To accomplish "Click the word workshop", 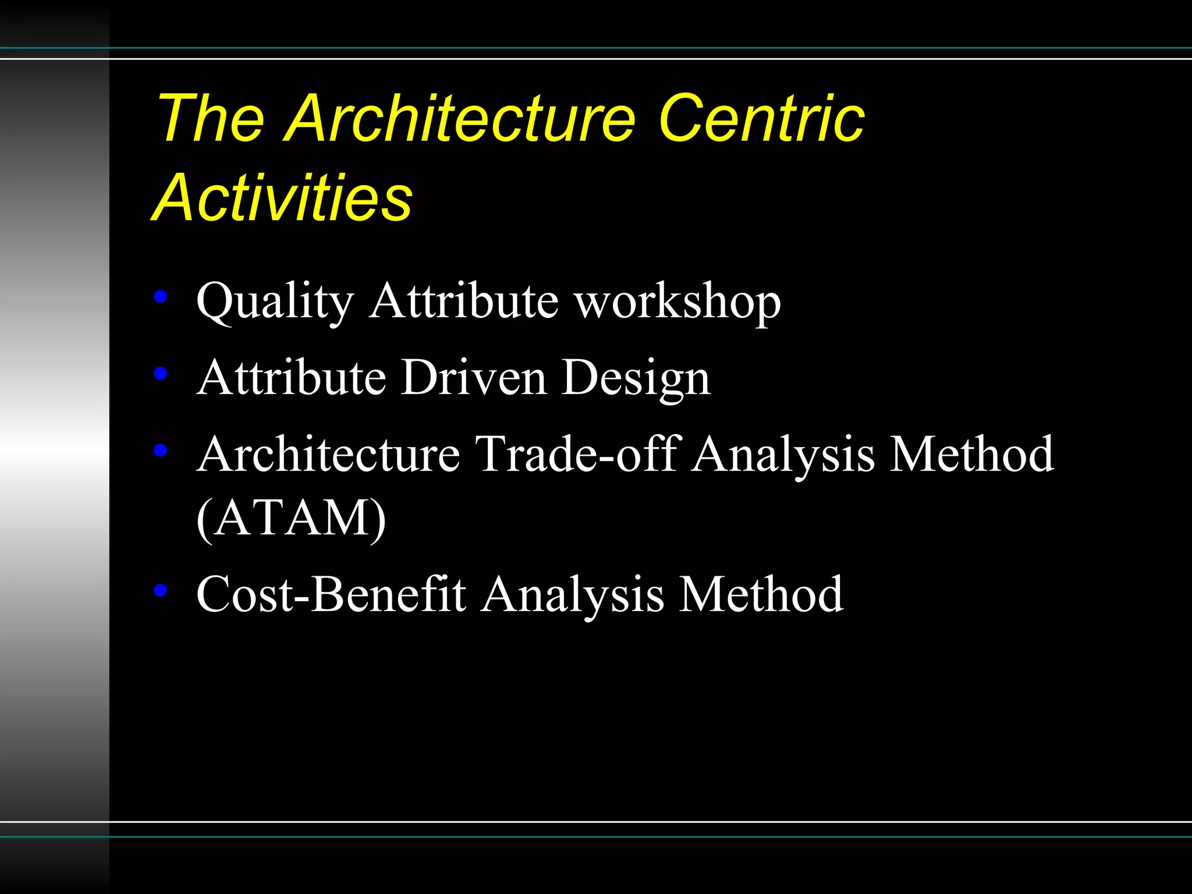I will click(x=677, y=301).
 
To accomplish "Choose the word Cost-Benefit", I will click(x=331, y=594).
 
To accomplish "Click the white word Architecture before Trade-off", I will click(x=329, y=454).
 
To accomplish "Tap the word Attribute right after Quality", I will click(x=463, y=301).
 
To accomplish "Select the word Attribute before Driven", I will click(x=291, y=378).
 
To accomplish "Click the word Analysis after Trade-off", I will click(x=783, y=455).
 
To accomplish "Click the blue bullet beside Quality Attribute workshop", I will click(x=161, y=297).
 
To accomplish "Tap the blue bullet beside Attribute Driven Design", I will click(x=161, y=373).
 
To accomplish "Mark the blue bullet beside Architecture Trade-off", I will click(x=161, y=449).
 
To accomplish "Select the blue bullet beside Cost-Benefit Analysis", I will click(x=161, y=590).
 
